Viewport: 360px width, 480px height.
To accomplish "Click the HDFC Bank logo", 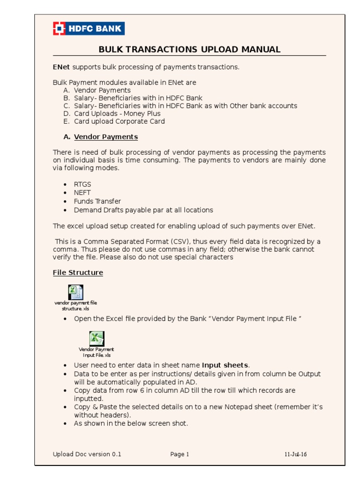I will (x=89, y=29).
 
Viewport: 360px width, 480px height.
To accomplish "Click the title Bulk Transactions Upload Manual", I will (x=189, y=50).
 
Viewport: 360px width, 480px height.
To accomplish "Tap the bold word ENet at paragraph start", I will (x=61, y=67).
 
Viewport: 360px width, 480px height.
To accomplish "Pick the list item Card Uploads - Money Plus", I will (x=117, y=113).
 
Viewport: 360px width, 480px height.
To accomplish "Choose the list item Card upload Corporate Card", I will (x=119, y=121).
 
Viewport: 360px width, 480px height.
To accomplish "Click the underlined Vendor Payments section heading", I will (x=106, y=137).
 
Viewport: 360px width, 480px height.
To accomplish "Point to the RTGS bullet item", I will (x=82, y=185).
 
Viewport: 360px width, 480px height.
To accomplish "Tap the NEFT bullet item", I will (x=82, y=193).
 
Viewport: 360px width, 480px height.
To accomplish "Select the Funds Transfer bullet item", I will (x=97, y=202).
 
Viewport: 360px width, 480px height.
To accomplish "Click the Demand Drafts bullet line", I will (x=143, y=210).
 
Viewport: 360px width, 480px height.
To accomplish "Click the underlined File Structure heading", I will (x=78, y=272).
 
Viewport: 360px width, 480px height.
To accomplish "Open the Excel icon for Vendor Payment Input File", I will (x=97, y=338).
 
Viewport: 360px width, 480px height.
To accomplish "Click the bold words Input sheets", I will (x=225, y=365).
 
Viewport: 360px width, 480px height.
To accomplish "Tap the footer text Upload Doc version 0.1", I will (x=87, y=454).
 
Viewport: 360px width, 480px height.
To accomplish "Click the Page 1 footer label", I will (x=180, y=454).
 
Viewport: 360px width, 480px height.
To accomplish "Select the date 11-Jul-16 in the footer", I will (x=295, y=454).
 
